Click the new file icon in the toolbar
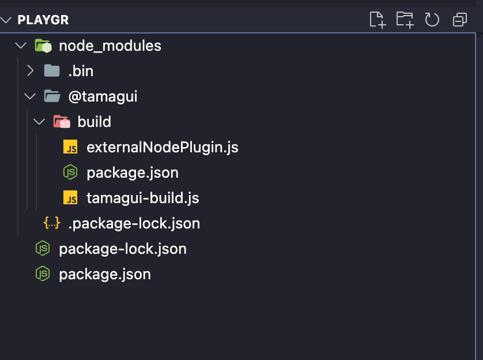tap(377, 20)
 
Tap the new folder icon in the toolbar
tap(405, 20)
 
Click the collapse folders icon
tap(460, 20)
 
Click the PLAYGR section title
tap(43, 20)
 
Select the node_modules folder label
tap(110, 46)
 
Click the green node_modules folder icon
tap(43, 46)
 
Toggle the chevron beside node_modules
tap(20, 46)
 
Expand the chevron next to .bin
tap(31, 71)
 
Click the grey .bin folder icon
tap(52, 71)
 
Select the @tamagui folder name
tap(103, 96)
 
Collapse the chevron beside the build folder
tap(39, 122)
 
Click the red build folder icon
tap(61, 122)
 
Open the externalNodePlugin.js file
tap(162, 147)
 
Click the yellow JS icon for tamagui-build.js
tap(70, 198)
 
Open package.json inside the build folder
tap(132, 172)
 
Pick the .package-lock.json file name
tap(134, 223)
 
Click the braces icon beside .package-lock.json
tap(52, 223)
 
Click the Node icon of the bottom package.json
tap(43, 274)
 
